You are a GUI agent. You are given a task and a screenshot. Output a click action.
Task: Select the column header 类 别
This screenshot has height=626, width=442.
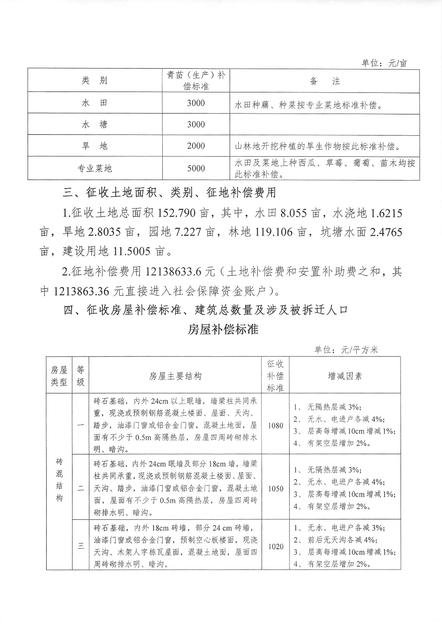[x=95, y=81]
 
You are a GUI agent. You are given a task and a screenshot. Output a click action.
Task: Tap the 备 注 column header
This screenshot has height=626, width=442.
[x=325, y=81]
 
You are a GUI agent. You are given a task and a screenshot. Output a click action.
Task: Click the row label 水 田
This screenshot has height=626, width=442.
[x=95, y=103]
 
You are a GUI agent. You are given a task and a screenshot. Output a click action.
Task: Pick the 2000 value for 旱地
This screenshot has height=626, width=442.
[x=196, y=146]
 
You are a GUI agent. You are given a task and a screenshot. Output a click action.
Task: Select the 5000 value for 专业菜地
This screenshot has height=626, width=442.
[x=196, y=168]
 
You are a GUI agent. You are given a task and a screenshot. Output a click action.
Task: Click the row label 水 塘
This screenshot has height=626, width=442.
[x=95, y=124]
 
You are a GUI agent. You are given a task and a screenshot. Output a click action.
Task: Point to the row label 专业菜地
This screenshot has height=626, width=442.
[x=95, y=168]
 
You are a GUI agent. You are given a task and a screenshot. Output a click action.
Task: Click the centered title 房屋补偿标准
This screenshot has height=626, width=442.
[x=223, y=329]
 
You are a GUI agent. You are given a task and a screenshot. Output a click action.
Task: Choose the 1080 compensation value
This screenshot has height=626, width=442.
[x=275, y=425]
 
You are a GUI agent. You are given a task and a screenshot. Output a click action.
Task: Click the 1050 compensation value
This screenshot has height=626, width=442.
[x=275, y=489]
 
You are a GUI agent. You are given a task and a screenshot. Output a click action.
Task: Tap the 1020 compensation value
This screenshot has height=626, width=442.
[x=275, y=547]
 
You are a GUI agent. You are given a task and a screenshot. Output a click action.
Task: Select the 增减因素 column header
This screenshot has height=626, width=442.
[x=345, y=376]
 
